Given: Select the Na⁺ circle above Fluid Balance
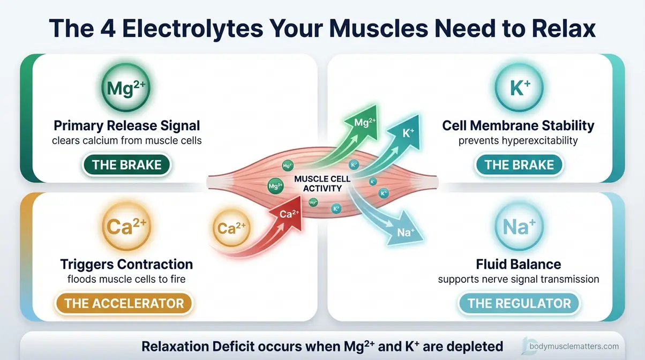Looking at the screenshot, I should click(x=518, y=227).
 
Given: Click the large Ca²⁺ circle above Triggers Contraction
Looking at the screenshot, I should click(x=126, y=227).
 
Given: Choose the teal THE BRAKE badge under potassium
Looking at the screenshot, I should click(x=519, y=164).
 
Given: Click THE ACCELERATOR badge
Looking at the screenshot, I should click(x=124, y=303).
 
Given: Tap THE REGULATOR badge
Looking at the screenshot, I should click(x=519, y=303).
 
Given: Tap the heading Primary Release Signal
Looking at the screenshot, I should click(x=126, y=126).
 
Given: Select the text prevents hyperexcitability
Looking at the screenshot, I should click(x=518, y=141).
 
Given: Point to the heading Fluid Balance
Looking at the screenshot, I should click(x=518, y=264).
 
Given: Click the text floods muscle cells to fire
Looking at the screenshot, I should click(x=126, y=279).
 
